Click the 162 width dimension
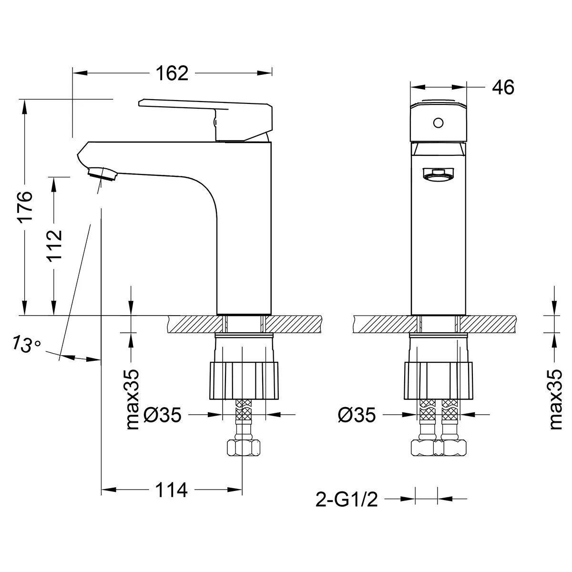172,73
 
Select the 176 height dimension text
25,206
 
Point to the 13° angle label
27,344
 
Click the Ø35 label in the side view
162,415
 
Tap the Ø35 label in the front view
357,415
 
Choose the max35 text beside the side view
133,399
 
